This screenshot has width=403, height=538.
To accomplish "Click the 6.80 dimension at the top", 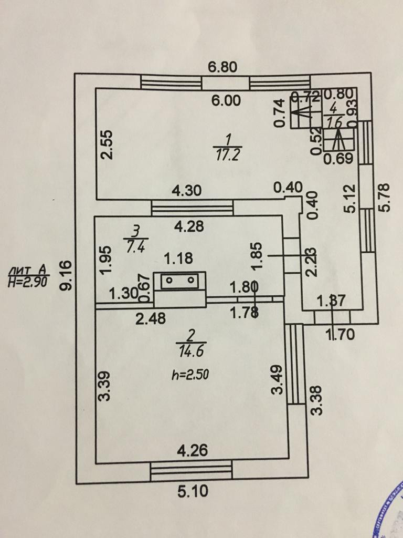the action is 224,67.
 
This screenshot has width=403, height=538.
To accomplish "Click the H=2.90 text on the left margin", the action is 29,282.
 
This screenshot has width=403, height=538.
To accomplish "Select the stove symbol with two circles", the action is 180,281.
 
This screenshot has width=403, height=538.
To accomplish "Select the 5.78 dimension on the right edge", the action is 387,196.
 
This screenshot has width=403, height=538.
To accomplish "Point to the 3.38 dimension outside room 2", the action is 315,400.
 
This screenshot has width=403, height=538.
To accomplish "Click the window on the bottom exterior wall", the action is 191,471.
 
